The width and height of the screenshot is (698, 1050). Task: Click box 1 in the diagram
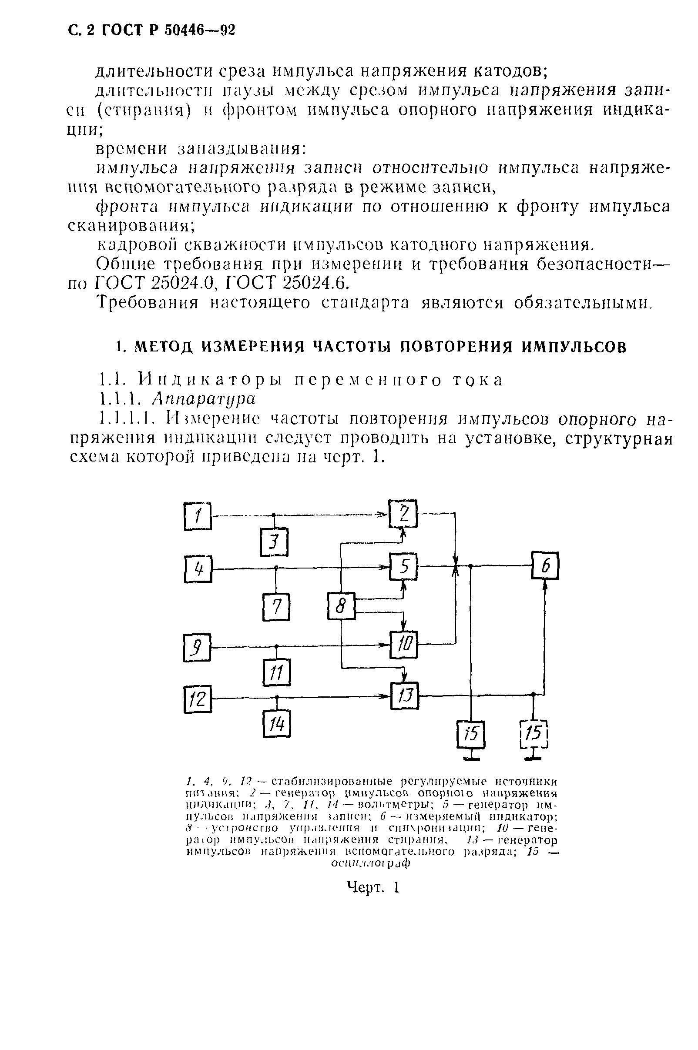click(x=198, y=516)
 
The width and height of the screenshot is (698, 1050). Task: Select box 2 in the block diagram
click(x=403, y=514)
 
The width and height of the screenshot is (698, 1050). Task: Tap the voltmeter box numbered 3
click(x=274, y=542)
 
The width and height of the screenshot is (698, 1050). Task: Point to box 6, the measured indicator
click(x=545, y=565)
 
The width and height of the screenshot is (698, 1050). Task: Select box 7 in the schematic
click(x=276, y=607)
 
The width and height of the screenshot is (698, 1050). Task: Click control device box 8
click(x=342, y=606)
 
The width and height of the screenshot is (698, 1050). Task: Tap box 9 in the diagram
click(x=197, y=648)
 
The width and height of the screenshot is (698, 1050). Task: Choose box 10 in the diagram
click(x=404, y=645)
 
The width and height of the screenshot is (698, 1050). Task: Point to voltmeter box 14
click(x=276, y=724)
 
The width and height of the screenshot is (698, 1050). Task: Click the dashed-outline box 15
click(x=534, y=734)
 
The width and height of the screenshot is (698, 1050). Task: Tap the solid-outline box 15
click(x=471, y=734)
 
